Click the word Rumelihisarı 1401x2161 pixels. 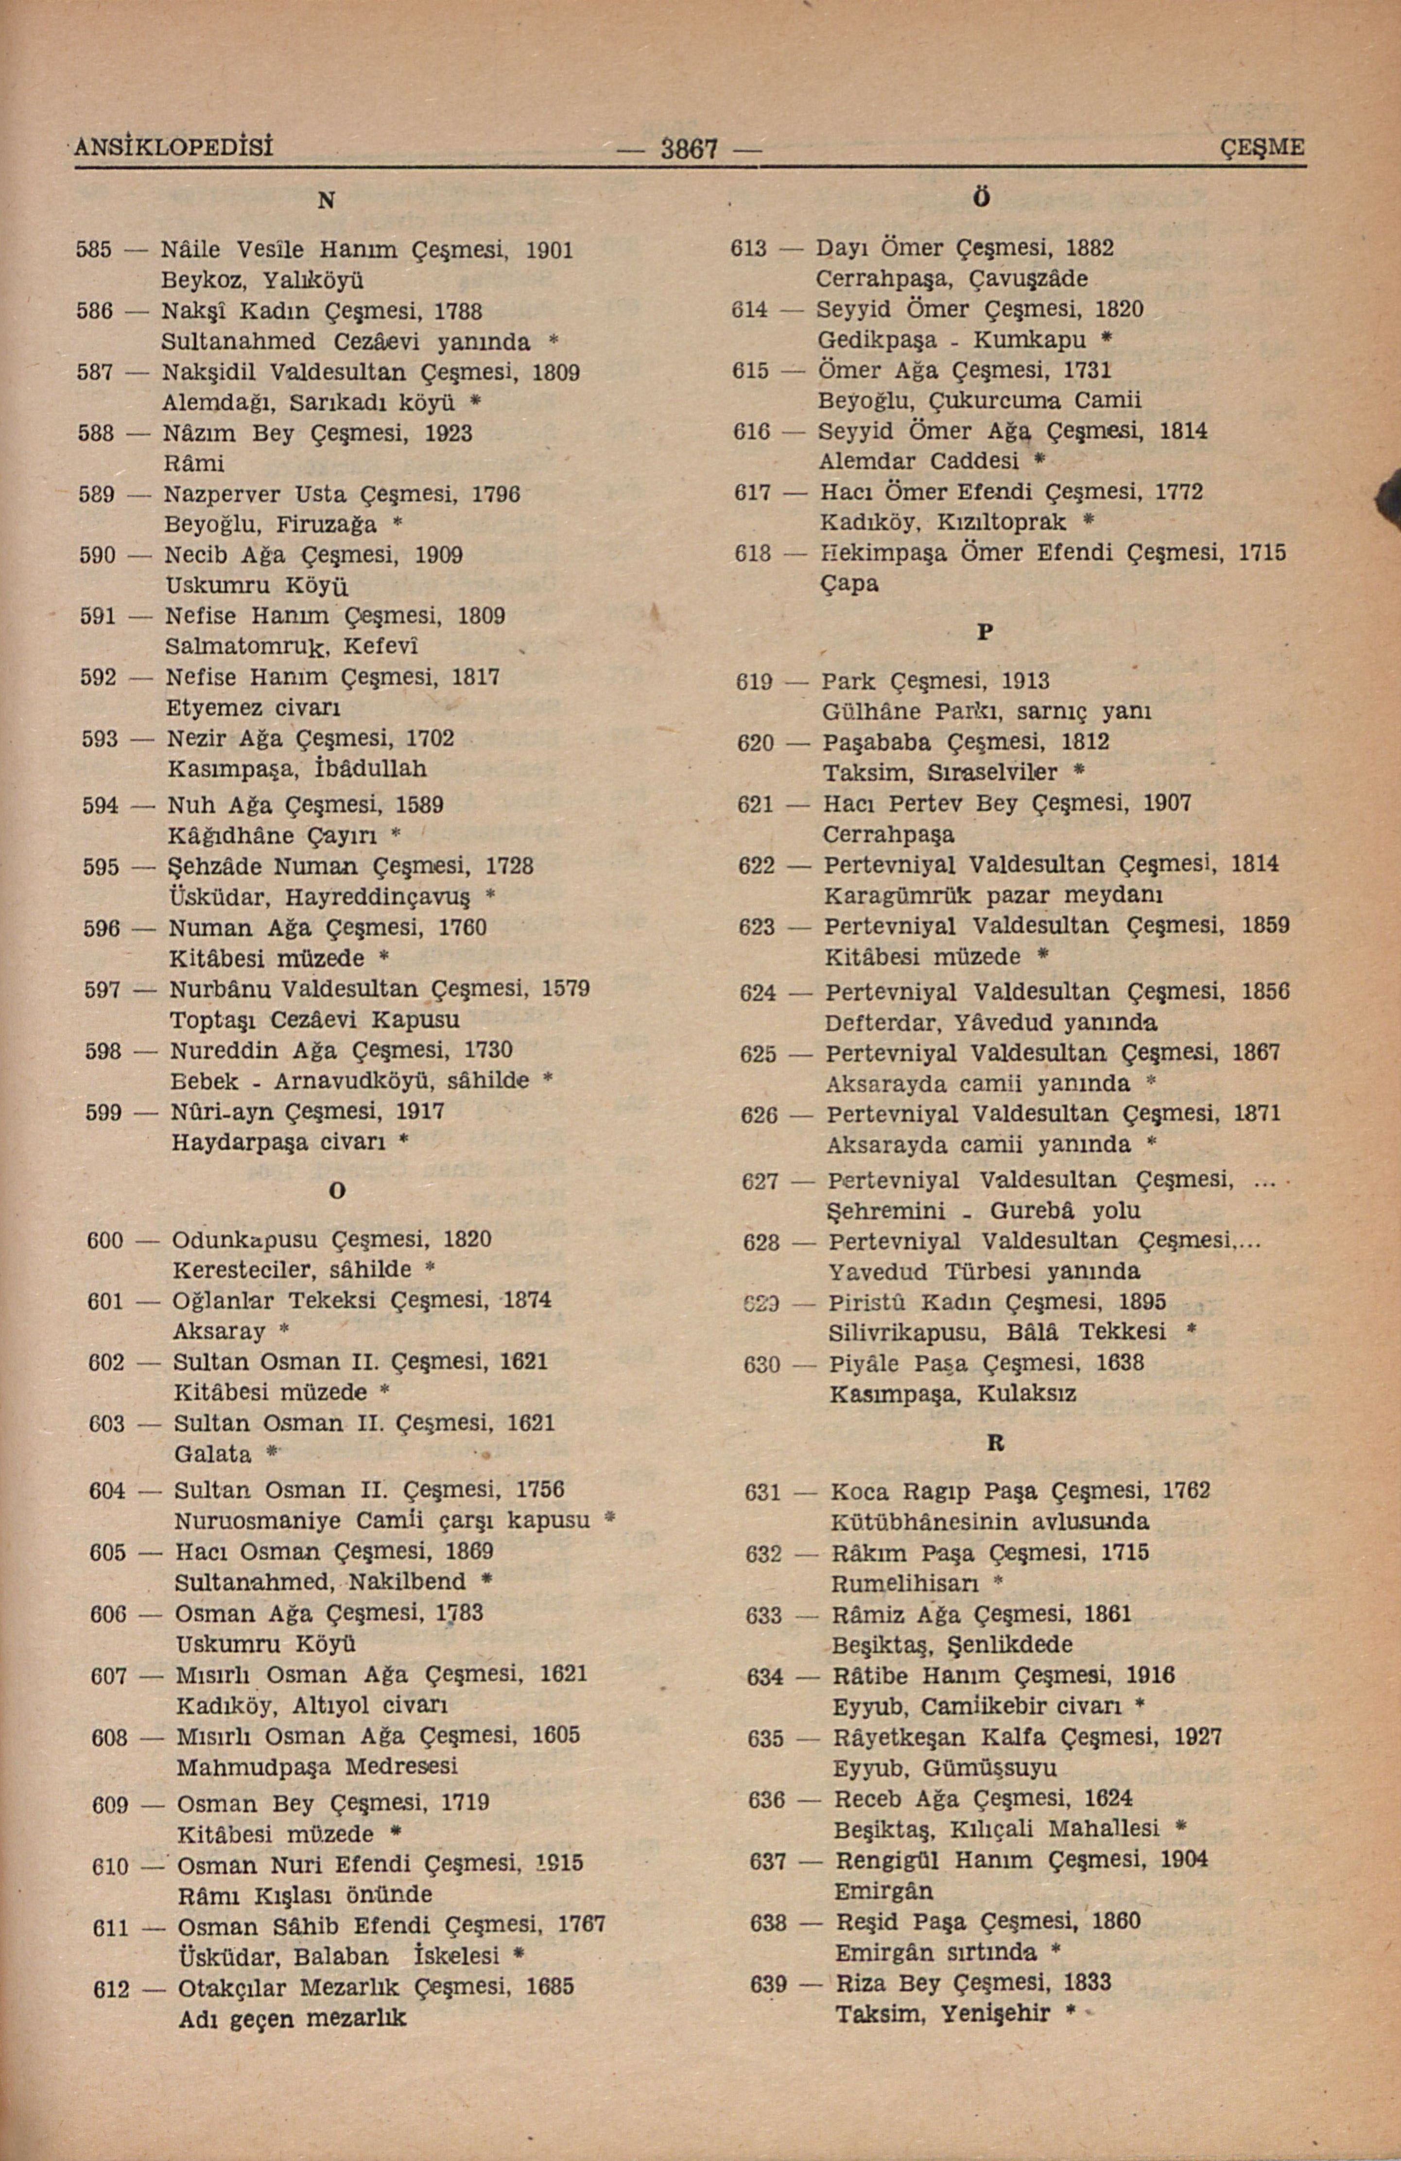coord(904,1583)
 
